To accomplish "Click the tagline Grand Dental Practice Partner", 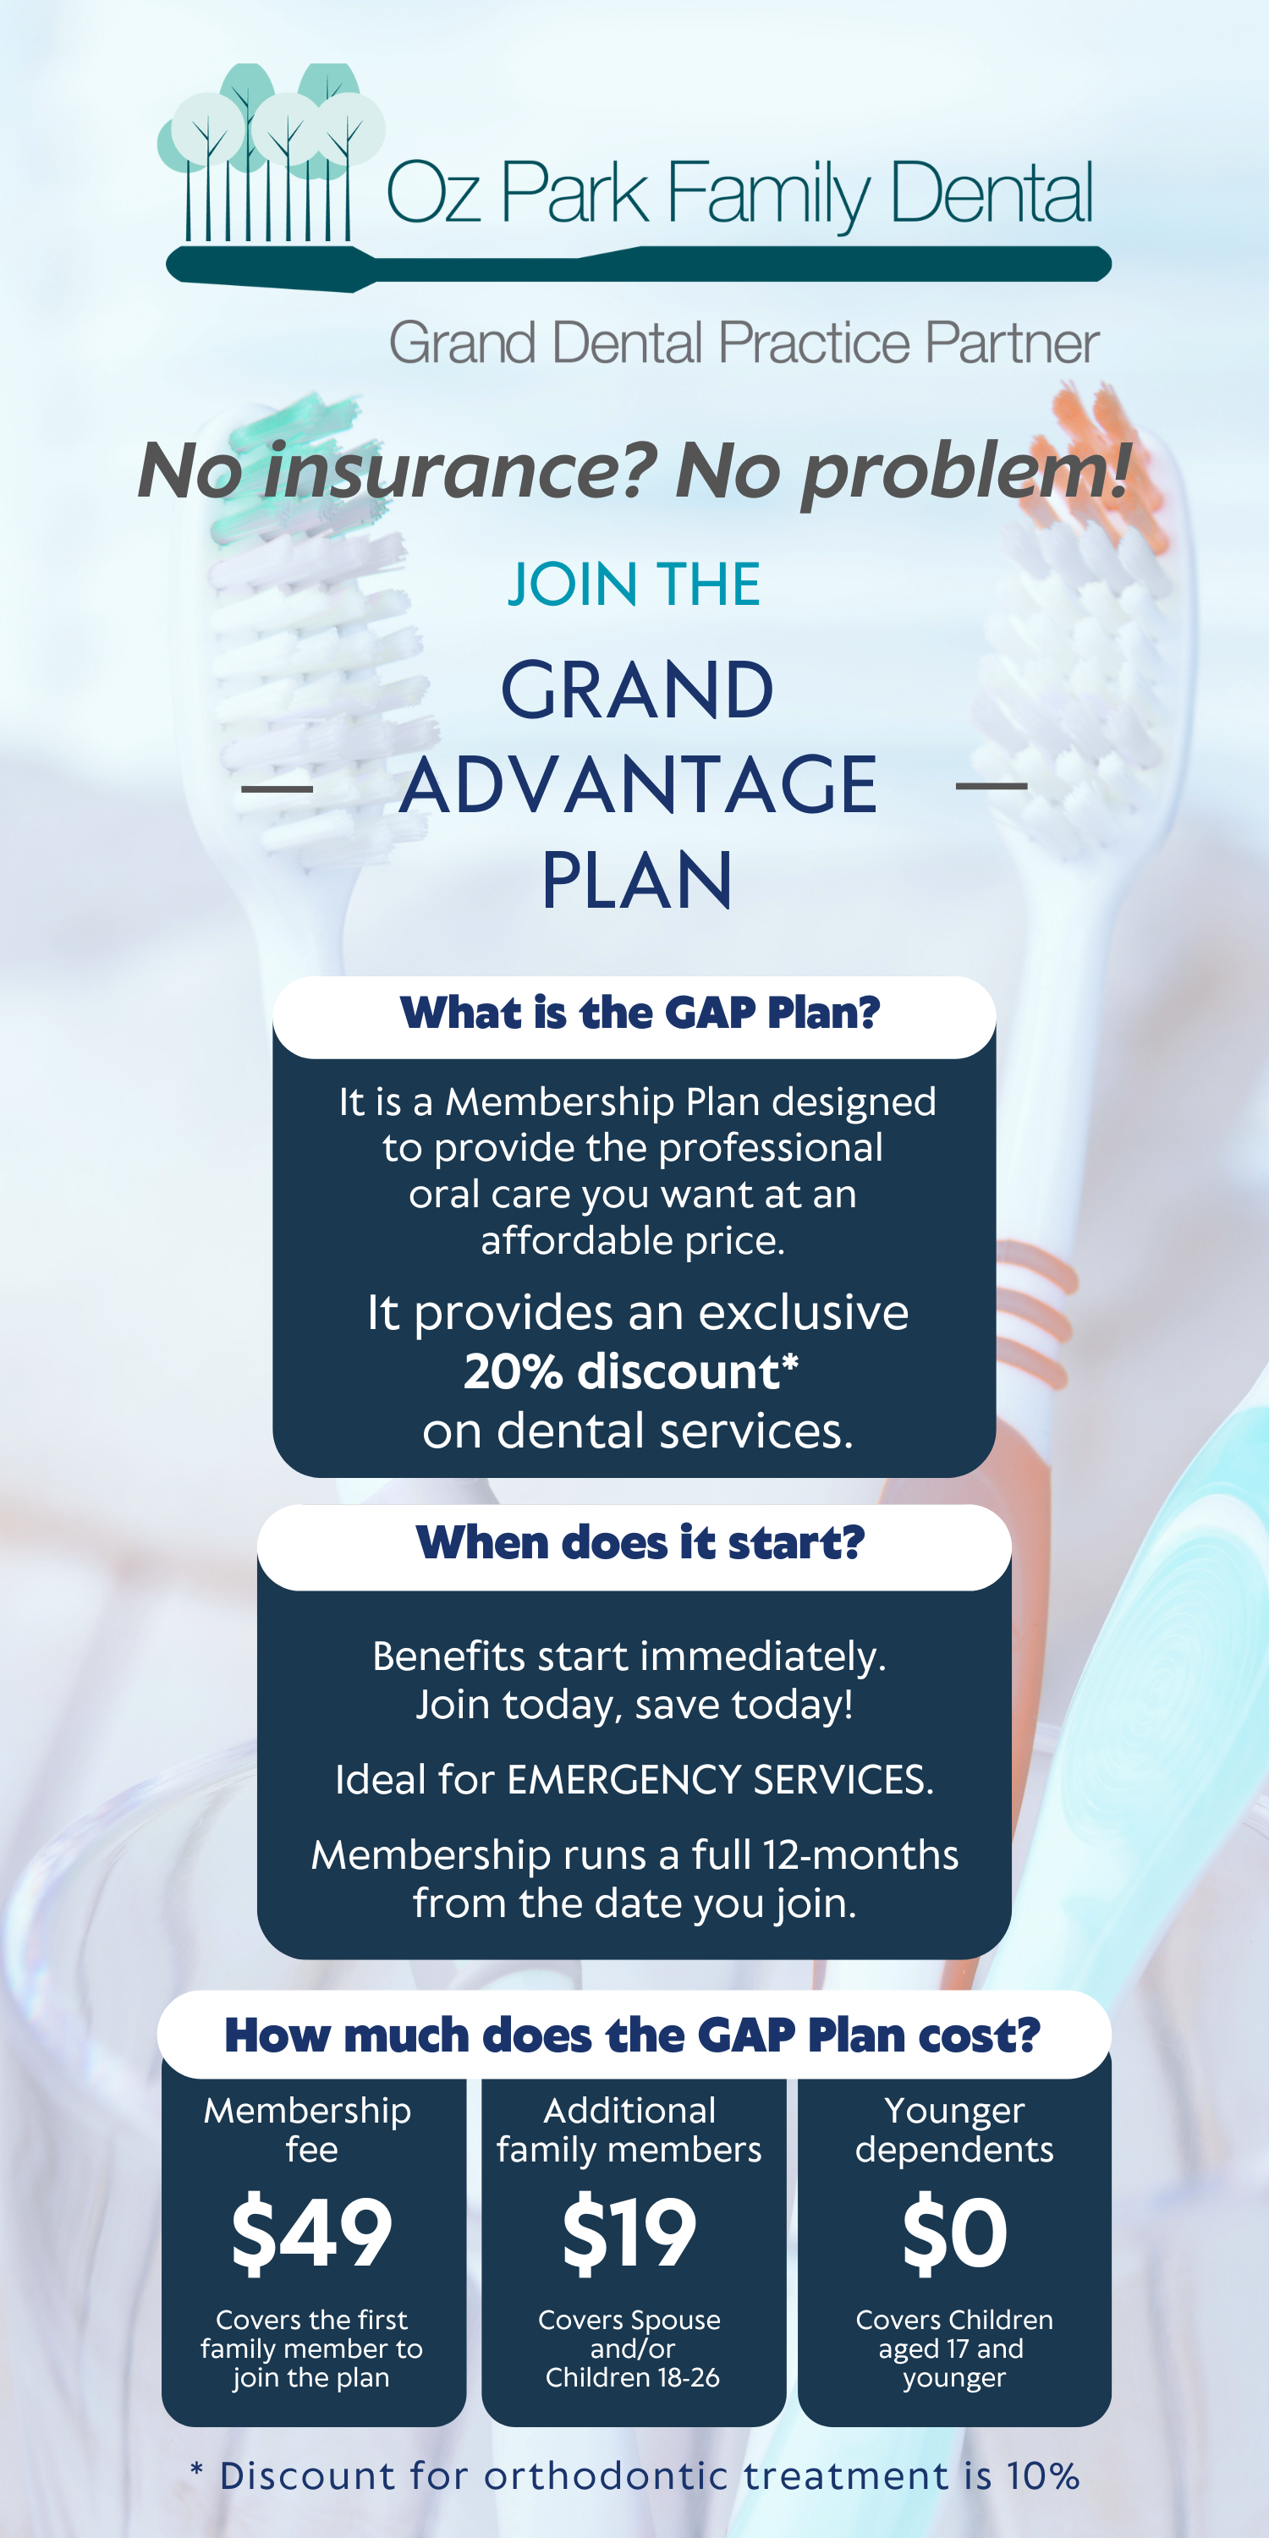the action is pyautogui.click(x=744, y=343).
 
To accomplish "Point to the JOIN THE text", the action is pyautogui.click(x=634, y=585).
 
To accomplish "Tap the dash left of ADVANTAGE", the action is pyautogui.click(x=277, y=788).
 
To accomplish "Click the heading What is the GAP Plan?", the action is pyautogui.click(x=640, y=1013).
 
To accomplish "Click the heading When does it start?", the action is pyautogui.click(x=640, y=1542).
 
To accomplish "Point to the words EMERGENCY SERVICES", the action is pyautogui.click(x=720, y=1780).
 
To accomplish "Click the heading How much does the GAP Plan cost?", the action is pyautogui.click(x=633, y=2035).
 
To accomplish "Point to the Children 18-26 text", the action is pyautogui.click(x=633, y=2377).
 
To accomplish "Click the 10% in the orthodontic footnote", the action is pyautogui.click(x=1043, y=2476).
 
